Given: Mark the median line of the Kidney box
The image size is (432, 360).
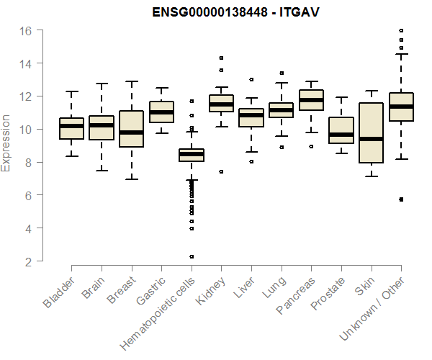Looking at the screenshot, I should pyautogui.click(x=221, y=104).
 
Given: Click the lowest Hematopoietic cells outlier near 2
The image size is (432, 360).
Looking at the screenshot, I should pyautogui.click(x=191, y=256).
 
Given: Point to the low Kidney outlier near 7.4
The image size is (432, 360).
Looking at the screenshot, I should pyautogui.click(x=221, y=171).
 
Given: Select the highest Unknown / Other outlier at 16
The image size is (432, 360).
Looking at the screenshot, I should pyautogui.click(x=401, y=30).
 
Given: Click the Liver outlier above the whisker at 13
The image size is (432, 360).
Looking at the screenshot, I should pyautogui.click(x=251, y=80).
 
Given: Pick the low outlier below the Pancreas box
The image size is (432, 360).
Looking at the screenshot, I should pyautogui.click(x=311, y=146).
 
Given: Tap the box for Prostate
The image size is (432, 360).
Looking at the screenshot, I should pyautogui.click(x=341, y=130).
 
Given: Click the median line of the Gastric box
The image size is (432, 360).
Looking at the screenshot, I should pyautogui.click(x=161, y=112).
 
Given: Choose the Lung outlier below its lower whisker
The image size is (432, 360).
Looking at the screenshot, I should pyautogui.click(x=281, y=147).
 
